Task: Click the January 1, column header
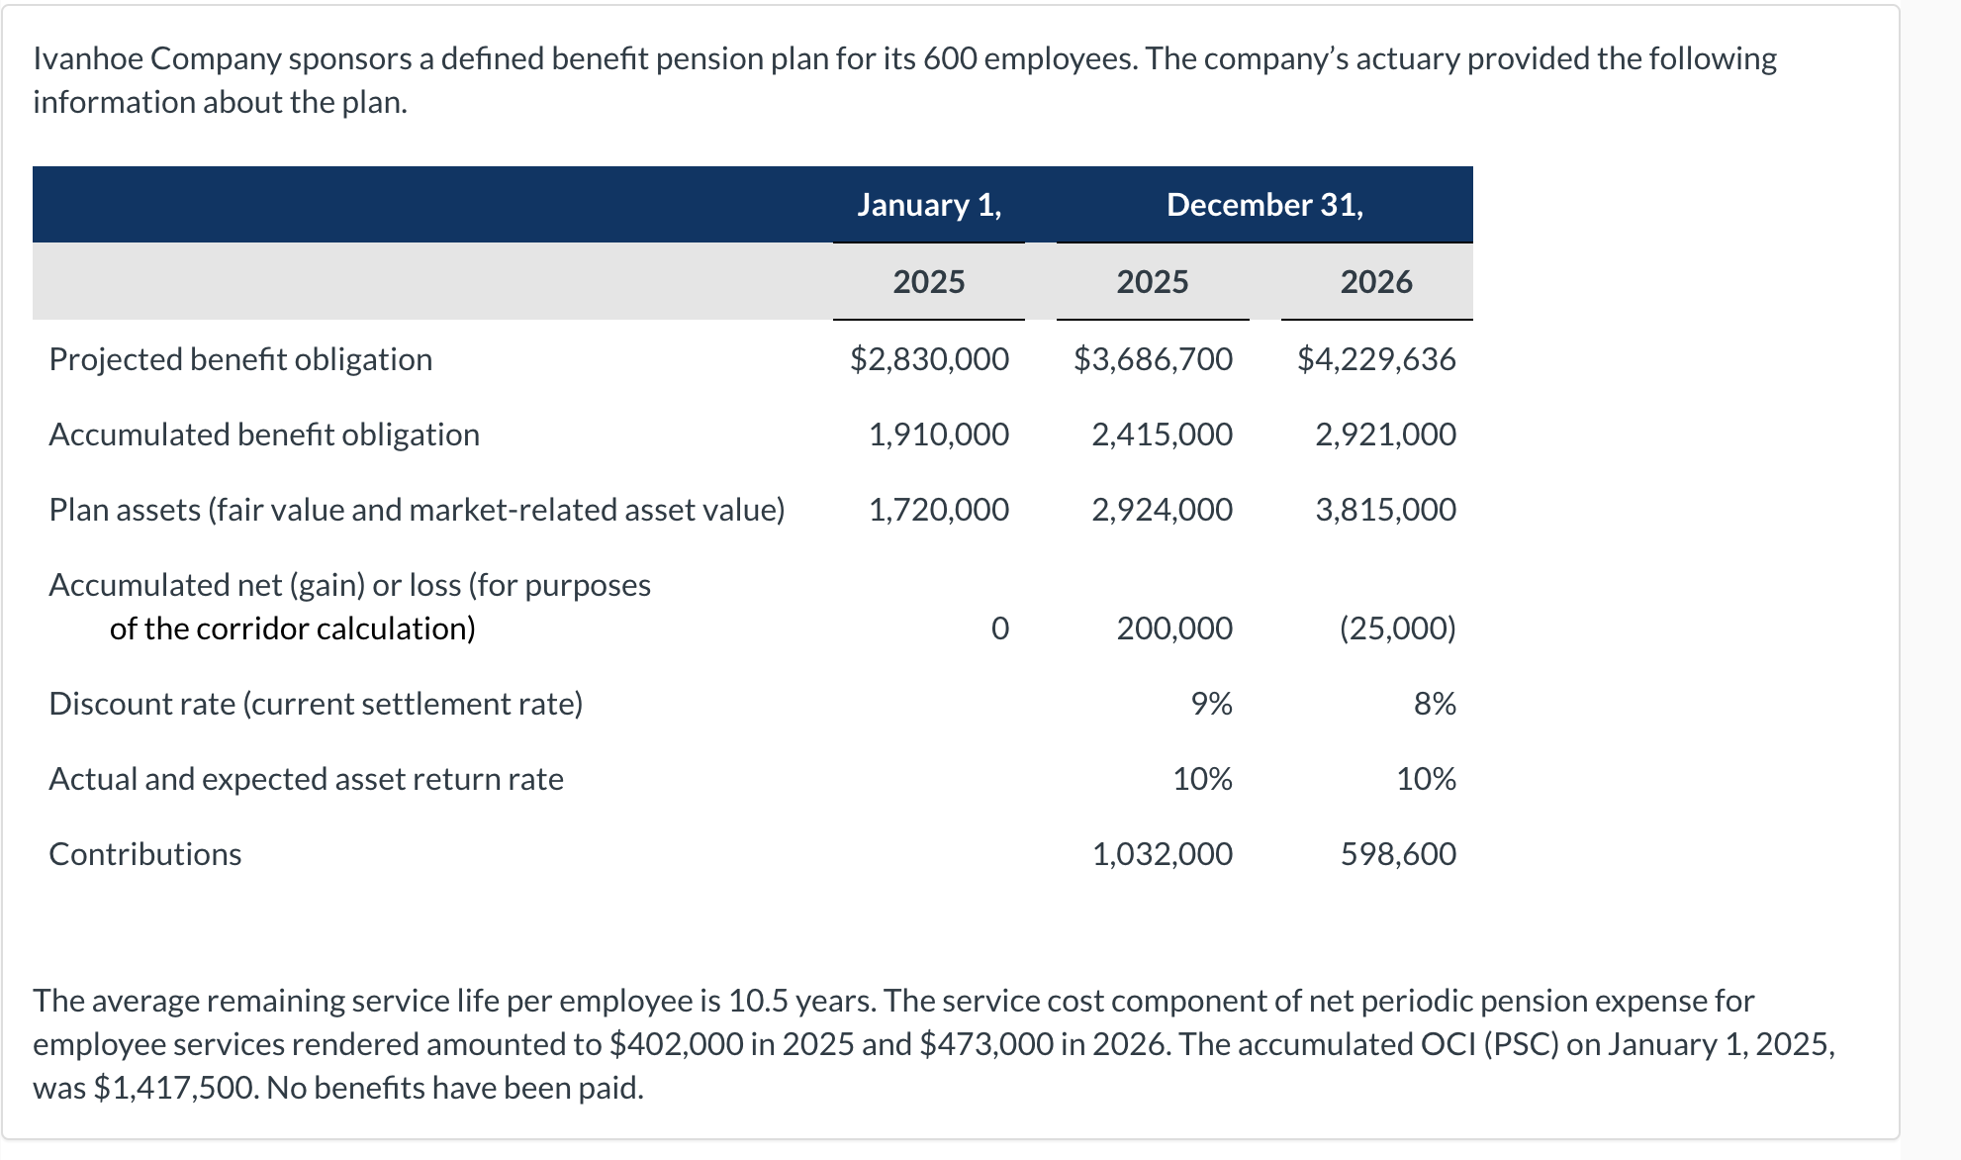pos(928,204)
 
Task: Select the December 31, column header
pos(1263,204)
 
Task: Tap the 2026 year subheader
pos(1375,282)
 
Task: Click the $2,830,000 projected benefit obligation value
pos(928,358)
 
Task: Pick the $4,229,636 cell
pos(1375,358)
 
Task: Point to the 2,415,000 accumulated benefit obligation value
pos(1161,434)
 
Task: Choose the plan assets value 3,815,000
pos(1384,509)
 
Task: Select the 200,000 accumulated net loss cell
pos(1173,628)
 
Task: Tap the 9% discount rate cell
pos(1211,703)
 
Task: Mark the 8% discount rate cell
pos(1434,703)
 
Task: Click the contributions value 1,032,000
pos(1161,853)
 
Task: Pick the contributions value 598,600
pos(1397,853)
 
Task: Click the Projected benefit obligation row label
pos(240,358)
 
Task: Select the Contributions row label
pos(145,853)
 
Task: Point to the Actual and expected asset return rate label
pos(306,779)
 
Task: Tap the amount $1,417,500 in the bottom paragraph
pos(175,1088)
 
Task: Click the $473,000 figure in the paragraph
pos(985,1044)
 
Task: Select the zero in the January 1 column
pos(999,628)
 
